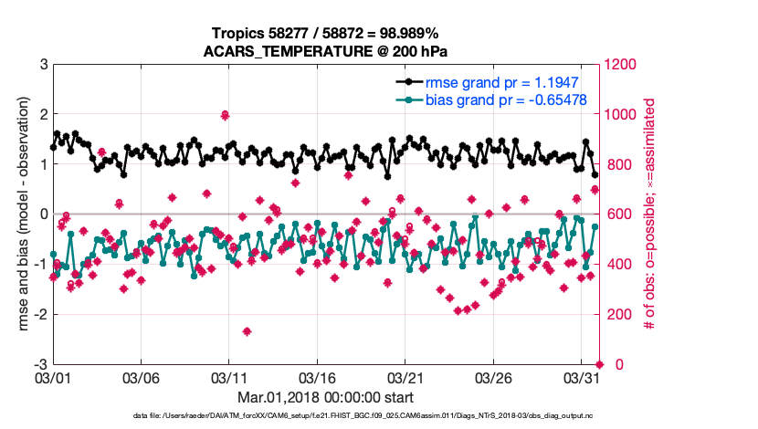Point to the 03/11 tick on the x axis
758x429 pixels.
228,377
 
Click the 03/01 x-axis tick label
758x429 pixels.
52,377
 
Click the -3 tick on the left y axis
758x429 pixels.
40,364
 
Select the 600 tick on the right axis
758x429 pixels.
616,214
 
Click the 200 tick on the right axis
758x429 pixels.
616,314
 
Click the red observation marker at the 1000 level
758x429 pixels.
225,115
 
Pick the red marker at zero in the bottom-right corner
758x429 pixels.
599,364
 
